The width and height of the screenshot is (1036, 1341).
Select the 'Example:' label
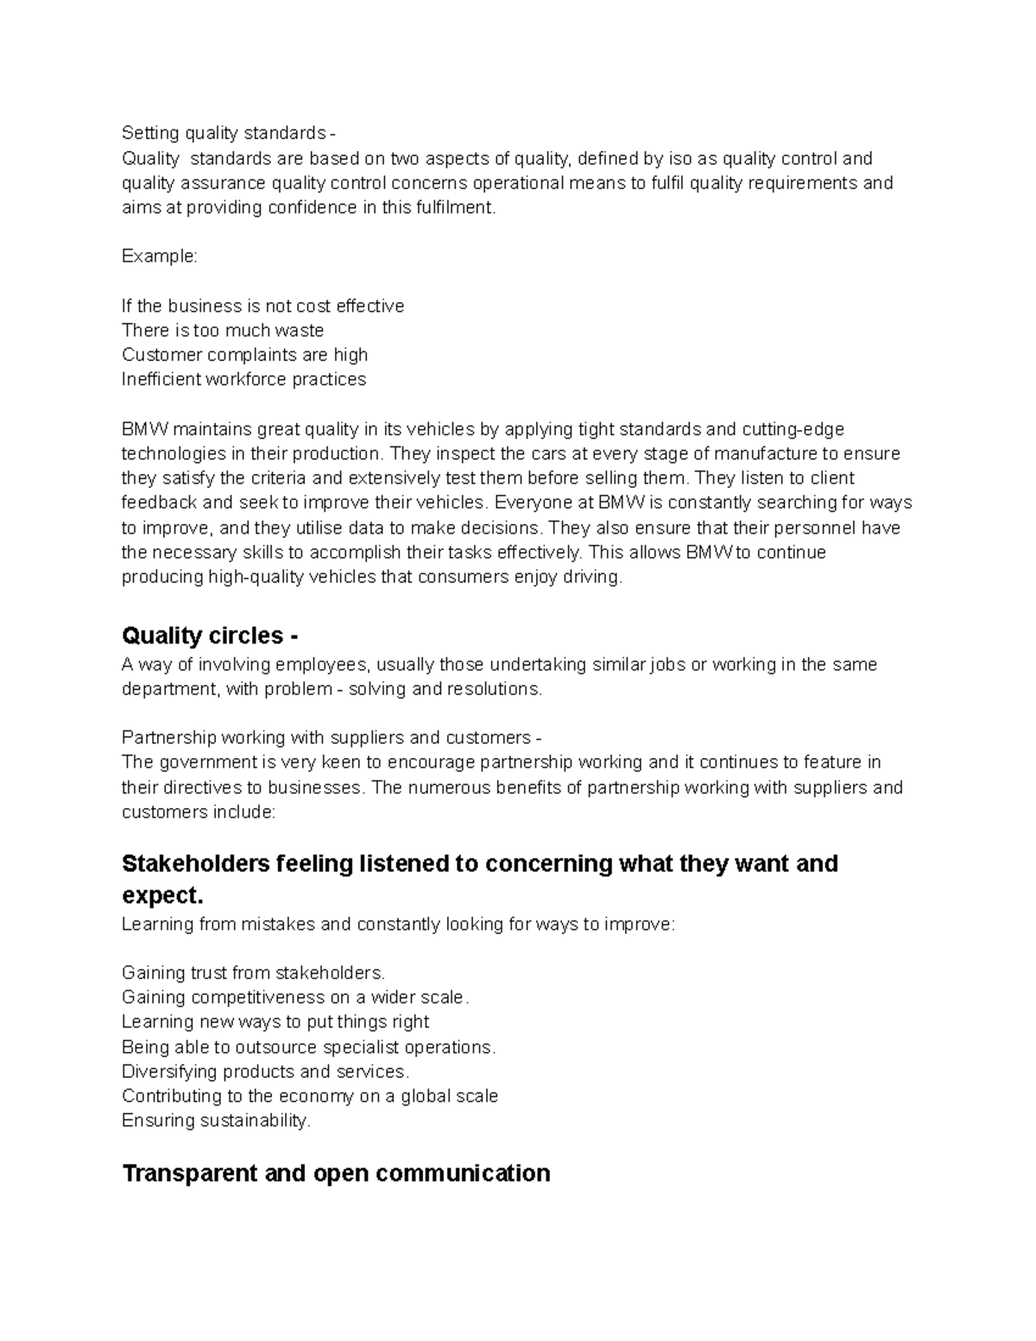coord(160,256)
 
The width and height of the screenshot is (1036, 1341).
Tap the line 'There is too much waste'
coord(223,330)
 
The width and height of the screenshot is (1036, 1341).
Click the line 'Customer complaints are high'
coord(245,355)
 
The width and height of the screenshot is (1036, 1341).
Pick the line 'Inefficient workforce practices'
coord(243,379)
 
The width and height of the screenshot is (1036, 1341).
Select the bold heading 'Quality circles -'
coord(211,636)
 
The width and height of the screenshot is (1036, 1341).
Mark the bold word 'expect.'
coord(163,895)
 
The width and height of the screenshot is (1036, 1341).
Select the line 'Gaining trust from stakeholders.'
coord(254,973)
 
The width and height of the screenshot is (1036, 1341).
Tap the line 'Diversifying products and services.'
coord(265,1072)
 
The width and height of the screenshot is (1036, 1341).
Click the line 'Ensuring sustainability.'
coord(216,1121)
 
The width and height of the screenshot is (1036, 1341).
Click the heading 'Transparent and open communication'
coord(336,1173)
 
